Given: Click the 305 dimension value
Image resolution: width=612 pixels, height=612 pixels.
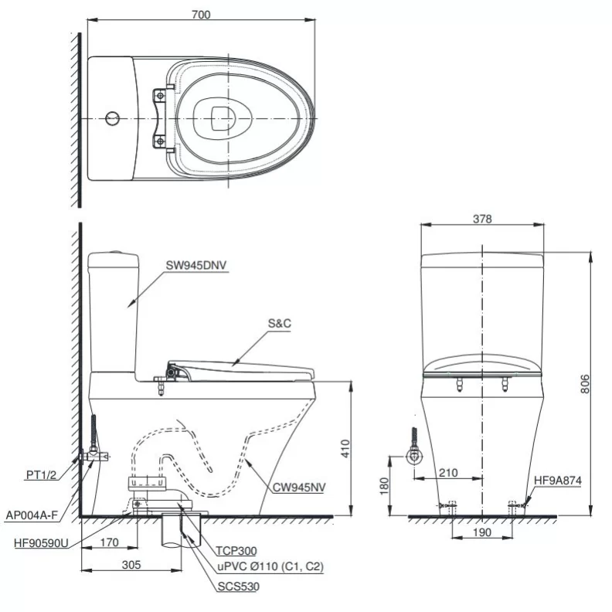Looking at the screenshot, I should tap(131, 565).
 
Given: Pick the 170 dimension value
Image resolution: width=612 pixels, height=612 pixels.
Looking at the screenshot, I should tap(109, 542).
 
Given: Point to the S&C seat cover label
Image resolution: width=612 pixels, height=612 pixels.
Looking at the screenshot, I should tap(279, 325).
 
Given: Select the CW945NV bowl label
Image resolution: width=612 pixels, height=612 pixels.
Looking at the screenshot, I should tap(299, 488).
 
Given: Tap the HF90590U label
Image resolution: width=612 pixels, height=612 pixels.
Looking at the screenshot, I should tap(39, 542).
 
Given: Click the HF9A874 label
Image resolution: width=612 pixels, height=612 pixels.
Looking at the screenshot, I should tap(557, 480).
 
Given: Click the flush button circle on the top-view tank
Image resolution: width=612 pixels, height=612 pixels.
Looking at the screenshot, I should tap(112, 118).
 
